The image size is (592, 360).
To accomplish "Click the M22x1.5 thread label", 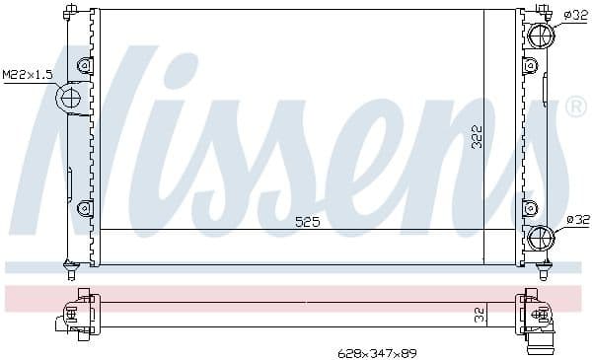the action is (28, 74).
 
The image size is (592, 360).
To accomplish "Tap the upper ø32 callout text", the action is (576, 15).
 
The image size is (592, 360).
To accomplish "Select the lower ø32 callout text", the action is (577, 220).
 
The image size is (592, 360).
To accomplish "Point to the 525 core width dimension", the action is (307, 222).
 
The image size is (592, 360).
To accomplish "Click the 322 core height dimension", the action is (478, 137).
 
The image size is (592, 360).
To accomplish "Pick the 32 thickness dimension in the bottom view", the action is (480, 315).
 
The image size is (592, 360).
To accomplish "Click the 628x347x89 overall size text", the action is (378, 353).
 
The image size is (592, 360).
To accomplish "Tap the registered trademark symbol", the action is (575, 107).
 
